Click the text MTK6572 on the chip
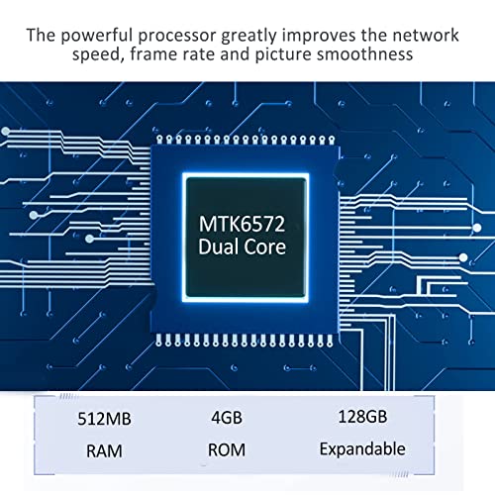[242, 225]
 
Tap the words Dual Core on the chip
[242, 247]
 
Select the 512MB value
[104, 419]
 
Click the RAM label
[104, 450]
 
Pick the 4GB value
[227, 418]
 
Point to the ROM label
[227, 449]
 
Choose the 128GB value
[362, 416]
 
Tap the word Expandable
[362, 449]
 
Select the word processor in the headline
[177, 37]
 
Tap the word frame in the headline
[153, 53]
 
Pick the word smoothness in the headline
[364, 54]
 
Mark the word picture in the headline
[283, 54]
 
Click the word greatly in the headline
[248, 37]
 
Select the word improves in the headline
[319, 37]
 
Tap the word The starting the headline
[42, 35]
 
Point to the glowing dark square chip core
[246, 238]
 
